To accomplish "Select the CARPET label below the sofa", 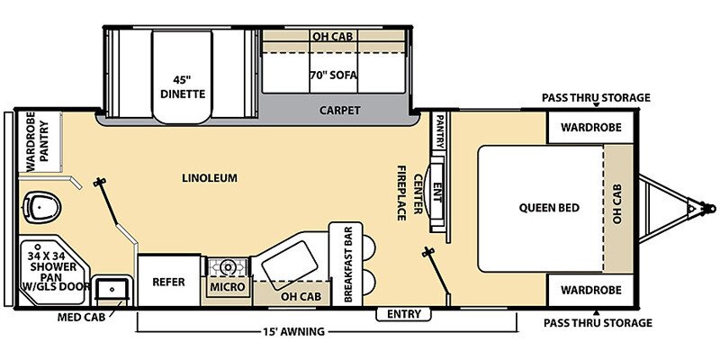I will [339, 111].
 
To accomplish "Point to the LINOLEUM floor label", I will [208, 178].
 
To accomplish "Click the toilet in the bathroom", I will [41, 208].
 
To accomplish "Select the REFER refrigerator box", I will [167, 282].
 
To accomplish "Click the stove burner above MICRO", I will [228, 266].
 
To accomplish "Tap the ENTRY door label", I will [404, 313].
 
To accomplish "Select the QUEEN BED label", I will [548, 208].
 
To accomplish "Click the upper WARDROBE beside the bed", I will [589, 127].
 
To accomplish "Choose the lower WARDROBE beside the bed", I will [589, 290].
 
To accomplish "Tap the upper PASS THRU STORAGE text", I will [595, 98].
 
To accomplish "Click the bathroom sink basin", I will [114, 288].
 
